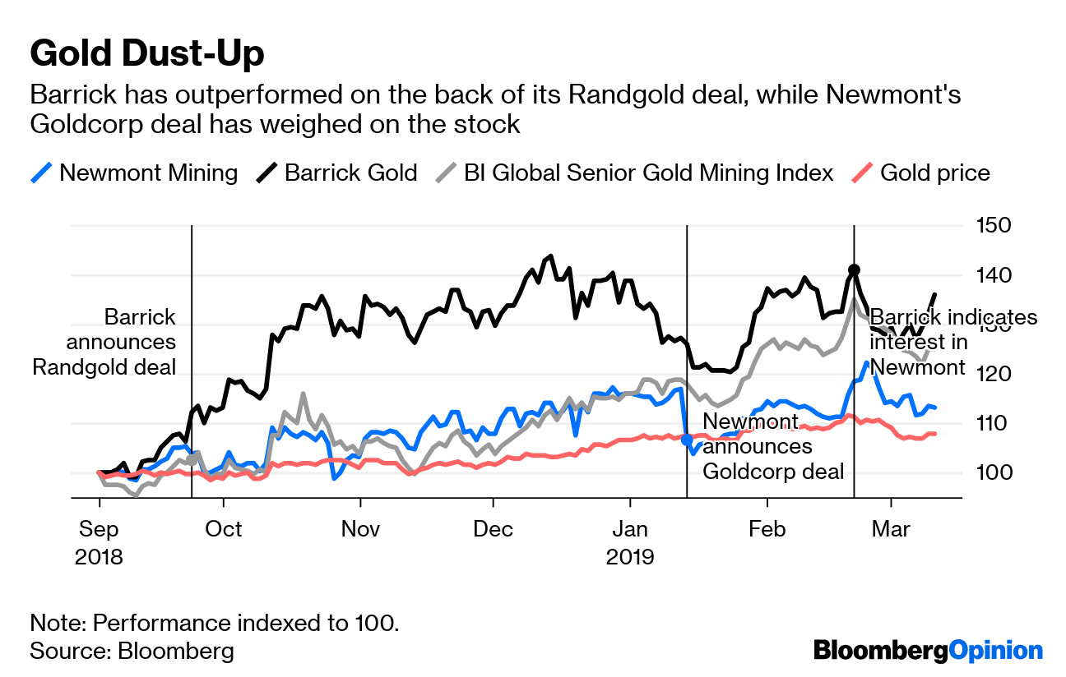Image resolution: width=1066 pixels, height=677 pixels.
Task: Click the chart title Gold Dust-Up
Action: (147, 54)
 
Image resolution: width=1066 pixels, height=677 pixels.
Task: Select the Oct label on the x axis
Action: (225, 528)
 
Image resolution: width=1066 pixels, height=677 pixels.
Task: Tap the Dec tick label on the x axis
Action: (494, 528)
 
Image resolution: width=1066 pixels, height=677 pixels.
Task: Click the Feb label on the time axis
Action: (767, 528)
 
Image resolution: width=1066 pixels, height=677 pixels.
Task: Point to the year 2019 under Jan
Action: (630, 556)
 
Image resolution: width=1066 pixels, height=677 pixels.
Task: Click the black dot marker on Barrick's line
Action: (854, 269)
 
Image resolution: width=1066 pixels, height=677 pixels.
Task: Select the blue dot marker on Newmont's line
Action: (687, 440)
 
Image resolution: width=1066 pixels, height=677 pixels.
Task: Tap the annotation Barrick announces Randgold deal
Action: (105, 342)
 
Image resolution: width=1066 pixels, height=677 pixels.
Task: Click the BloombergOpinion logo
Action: (928, 651)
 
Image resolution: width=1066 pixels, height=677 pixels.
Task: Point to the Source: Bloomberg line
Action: (132, 651)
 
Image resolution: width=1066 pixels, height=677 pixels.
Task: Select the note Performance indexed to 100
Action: (215, 622)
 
